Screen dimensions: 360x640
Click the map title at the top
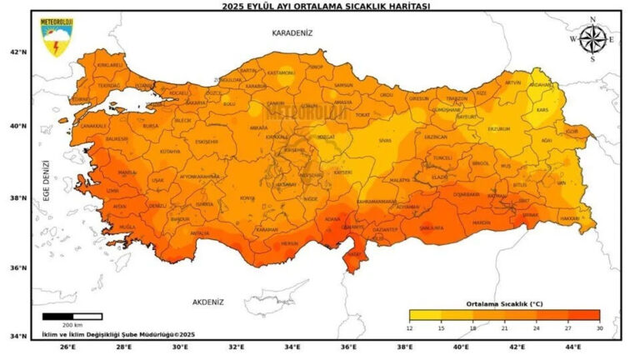coord(320,5)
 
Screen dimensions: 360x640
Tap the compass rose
coord(592,38)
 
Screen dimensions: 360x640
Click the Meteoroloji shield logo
coord(56,38)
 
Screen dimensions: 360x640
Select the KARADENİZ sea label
coord(291,32)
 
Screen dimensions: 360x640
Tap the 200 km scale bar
coord(72,317)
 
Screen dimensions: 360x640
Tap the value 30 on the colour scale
coord(599,328)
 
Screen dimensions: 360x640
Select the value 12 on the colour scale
coord(410,328)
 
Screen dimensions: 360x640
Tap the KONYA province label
coord(247,197)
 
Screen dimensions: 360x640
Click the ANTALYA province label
coord(200,233)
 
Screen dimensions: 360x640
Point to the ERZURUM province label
coord(498,129)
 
